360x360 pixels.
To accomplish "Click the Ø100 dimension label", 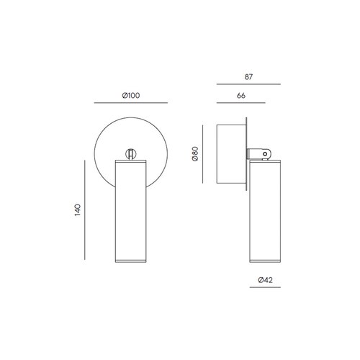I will pyautogui.click(x=130, y=96).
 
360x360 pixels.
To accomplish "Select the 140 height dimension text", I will pyautogui.click(x=78, y=210).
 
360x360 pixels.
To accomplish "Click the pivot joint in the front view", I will pyautogui.click(x=130, y=153).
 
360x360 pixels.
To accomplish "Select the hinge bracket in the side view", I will pyautogui.click(x=259, y=153).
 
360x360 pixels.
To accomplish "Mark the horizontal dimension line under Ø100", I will pyautogui.click(x=130, y=104).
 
